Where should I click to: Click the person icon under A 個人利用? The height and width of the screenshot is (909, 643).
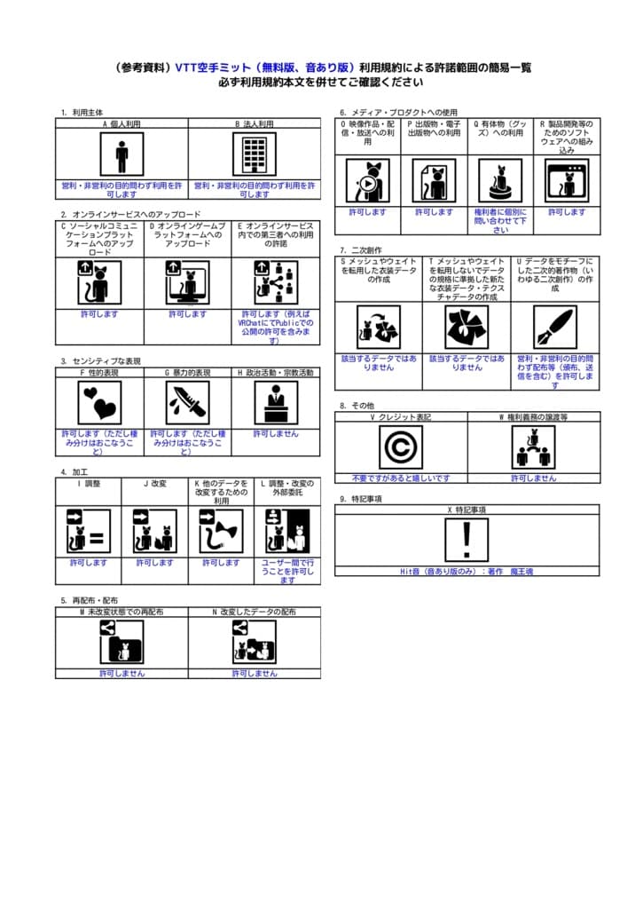coord(122,154)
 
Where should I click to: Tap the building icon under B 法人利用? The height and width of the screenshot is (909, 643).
coord(254,154)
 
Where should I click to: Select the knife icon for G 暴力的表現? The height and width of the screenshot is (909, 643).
coord(187,403)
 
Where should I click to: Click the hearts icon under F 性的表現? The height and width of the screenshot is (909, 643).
coord(99,403)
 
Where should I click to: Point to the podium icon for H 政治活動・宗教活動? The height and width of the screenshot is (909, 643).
coord(276,403)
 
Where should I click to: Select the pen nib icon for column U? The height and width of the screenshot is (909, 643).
coord(555,328)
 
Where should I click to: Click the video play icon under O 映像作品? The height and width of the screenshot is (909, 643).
coord(367,181)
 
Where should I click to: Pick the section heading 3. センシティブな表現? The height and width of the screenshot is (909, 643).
coord(101,361)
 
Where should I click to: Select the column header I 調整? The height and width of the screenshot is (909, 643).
coord(88,484)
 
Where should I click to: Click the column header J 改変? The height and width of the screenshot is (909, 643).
coord(154,484)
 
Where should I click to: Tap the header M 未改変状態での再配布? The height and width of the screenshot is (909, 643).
coord(122,612)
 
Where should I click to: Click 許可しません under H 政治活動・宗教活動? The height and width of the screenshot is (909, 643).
coord(276,434)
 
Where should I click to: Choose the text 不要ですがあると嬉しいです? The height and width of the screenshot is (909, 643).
coord(400,478)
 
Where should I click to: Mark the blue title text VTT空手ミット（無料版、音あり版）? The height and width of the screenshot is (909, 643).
coord(265,67)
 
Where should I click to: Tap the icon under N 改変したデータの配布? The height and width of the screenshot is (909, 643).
coord(254,642)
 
